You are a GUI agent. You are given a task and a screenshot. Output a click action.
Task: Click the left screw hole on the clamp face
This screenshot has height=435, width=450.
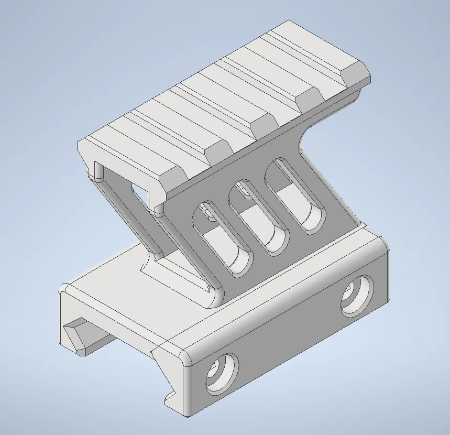pos(222,374)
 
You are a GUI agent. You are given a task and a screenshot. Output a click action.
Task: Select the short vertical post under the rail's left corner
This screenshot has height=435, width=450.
pos(98,171)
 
